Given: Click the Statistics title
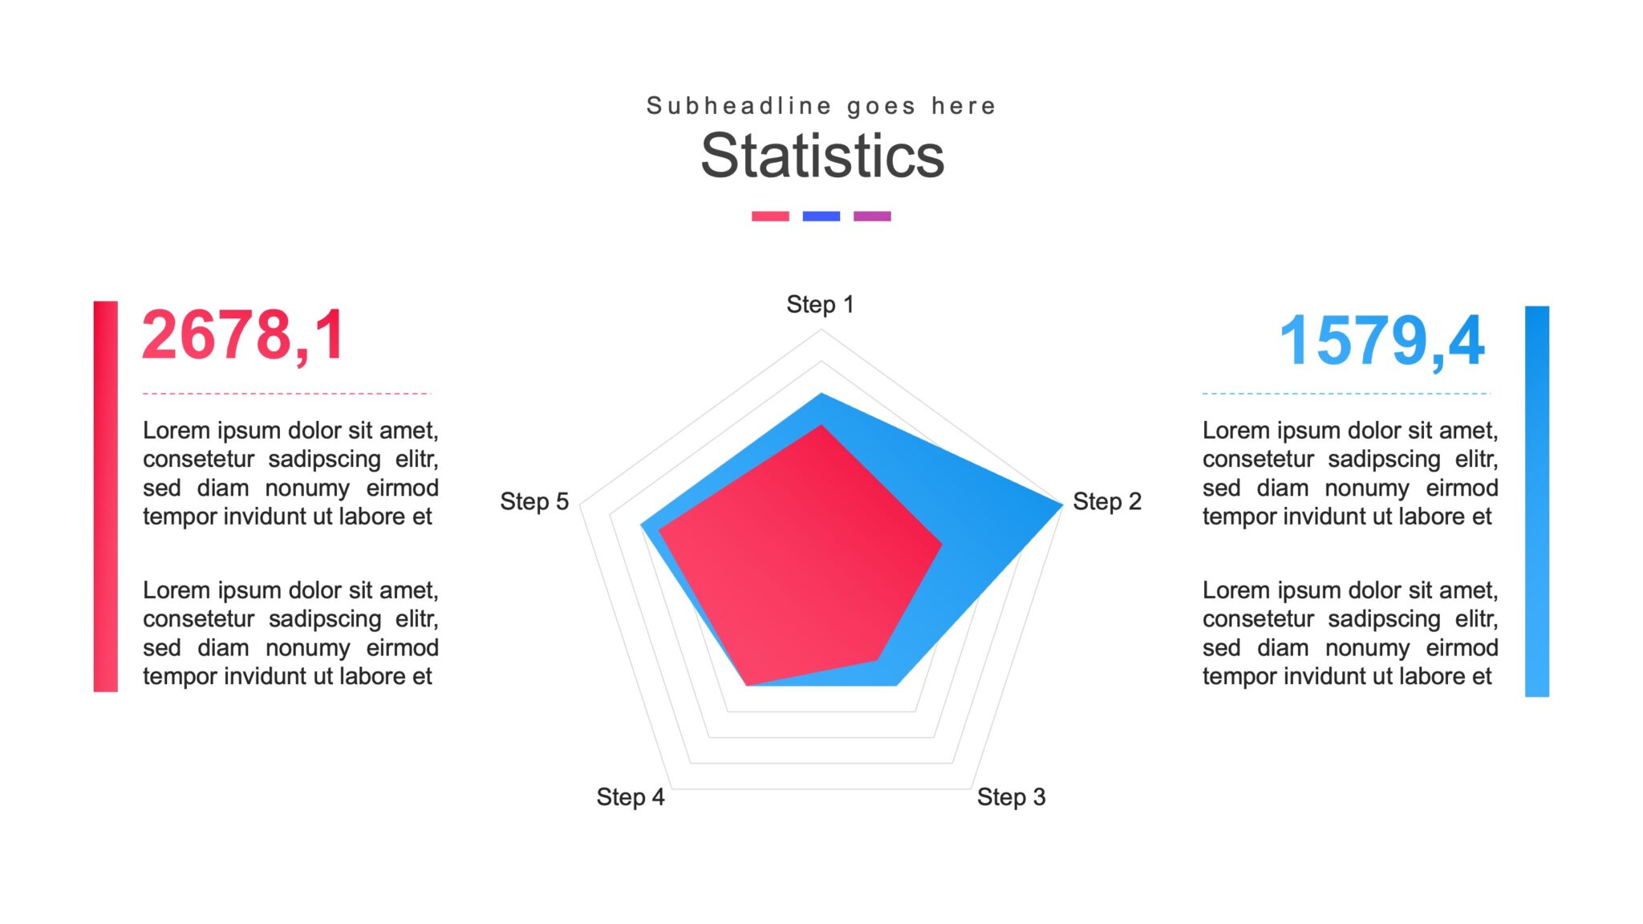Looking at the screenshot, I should coord(822,156).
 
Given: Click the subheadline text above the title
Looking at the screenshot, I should coord(821,106).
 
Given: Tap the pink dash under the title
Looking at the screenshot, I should coord(770,216).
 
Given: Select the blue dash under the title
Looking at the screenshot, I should coord(821,216).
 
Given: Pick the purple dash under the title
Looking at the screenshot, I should coord(872,216).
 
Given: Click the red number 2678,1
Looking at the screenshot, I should coord(243,335).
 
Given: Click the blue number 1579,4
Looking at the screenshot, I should coord(1381,341).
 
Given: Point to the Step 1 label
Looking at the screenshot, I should coord(820,305).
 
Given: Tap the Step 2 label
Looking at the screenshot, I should coord(1106,502).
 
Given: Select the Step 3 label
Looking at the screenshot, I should coord(1011,797).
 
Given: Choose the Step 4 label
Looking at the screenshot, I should coord(630,797).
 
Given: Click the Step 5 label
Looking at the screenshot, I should coord(534,502).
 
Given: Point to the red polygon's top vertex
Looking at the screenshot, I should coord(821,428).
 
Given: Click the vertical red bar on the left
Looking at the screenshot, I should coord(106,496).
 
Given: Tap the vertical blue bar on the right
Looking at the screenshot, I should coord(1536,500).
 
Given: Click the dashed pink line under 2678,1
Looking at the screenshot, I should coord(286,394).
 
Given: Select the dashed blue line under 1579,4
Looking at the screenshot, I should coord(1345,394).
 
